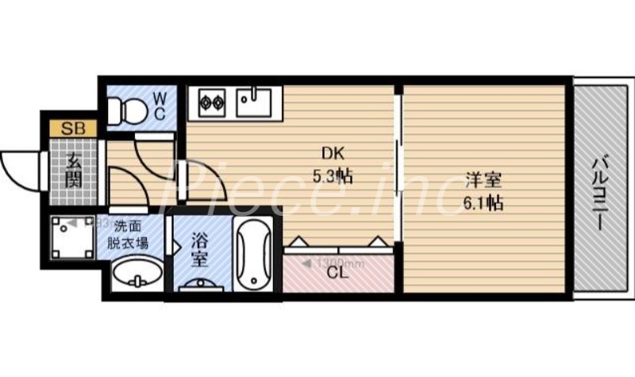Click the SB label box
(69, 127)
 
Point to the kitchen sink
(255, 101)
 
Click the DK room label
(331, 153)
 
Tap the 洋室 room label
(483, 179)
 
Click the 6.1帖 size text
(483, 202)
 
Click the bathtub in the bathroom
(253, 253)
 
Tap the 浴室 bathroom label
(199, 248)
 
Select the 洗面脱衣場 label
(128, 235)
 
